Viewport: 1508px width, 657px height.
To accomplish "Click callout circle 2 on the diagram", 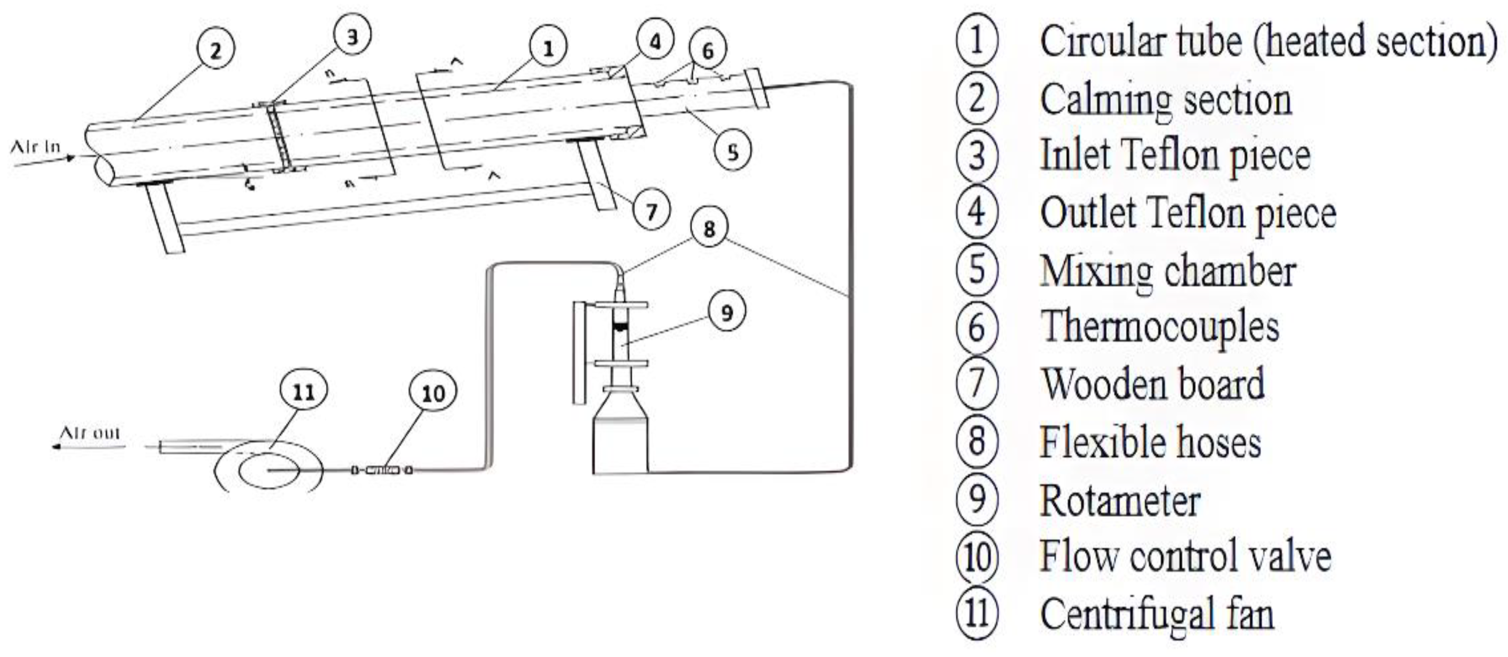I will [x=216, y=49].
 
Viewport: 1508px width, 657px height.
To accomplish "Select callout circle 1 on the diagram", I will [x=547, y=47].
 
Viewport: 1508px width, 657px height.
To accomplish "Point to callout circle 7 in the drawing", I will [x=651, y=210].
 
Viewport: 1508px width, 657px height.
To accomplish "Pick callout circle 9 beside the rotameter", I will [x=727, y=312].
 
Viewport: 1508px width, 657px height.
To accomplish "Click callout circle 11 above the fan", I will [x=303, y=390].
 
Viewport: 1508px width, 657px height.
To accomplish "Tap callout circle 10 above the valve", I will [x=433, y=393].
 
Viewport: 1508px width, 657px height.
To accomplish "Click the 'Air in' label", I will [x=35, y=147].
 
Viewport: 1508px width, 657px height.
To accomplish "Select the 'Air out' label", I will [x=90, y=433].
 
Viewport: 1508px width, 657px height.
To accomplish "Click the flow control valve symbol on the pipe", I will [x=382, y=470].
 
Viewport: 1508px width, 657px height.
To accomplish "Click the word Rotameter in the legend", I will [x=1119, y=501].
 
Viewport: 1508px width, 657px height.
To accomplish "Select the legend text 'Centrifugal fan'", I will [x=1157, y=613].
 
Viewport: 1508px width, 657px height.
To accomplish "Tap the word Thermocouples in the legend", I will [x=1159, y=327].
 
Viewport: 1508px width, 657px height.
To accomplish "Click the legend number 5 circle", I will [x=977, y=270].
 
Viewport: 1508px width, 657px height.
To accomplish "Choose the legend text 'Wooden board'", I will [x=1152, y=385].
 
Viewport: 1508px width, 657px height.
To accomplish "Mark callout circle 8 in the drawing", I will [x=709, y=228].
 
